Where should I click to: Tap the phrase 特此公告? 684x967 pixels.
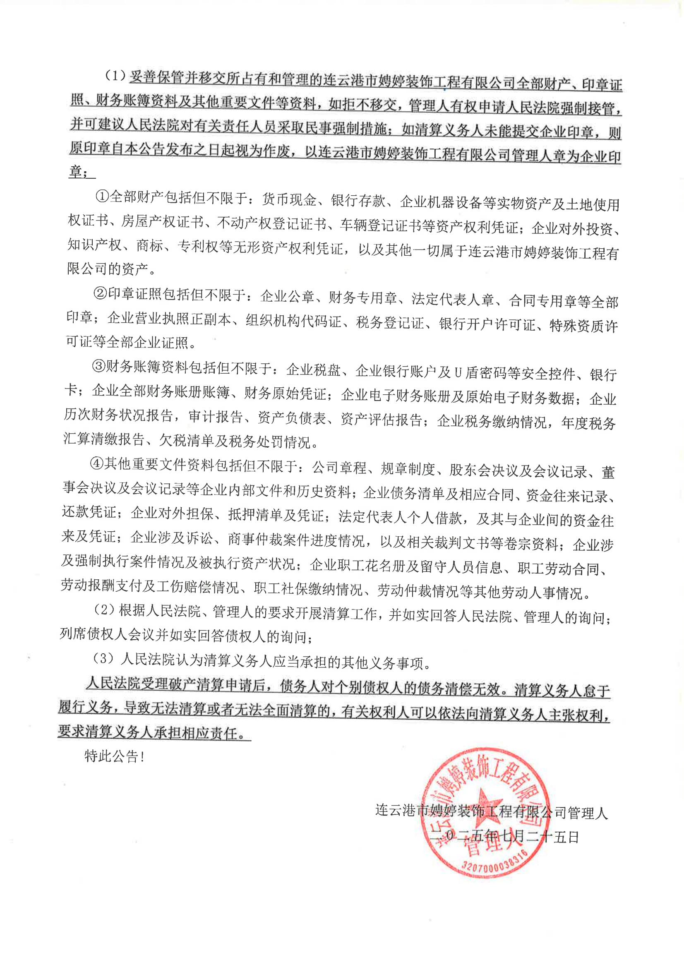click(x=115, y=756)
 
